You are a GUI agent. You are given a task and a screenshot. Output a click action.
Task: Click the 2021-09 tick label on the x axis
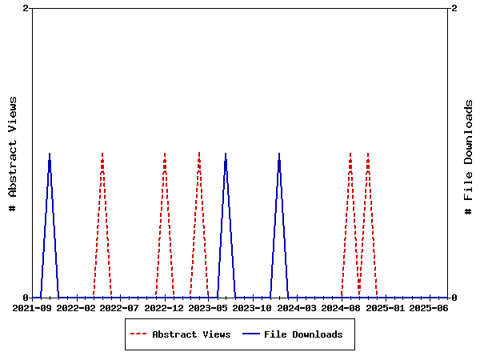point(33,308)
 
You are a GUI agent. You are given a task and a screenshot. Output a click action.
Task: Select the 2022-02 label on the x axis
point(77,308)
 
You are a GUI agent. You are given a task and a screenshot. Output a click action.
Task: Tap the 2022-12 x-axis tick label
point(166,308)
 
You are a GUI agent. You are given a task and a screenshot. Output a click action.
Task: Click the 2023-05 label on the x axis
point(210,308)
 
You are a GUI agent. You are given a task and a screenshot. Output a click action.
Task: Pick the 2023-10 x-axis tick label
point(254,308)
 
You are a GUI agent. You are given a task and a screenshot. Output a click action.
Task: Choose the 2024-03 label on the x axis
point(298,308)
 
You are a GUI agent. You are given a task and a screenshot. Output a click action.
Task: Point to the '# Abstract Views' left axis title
point(13,153)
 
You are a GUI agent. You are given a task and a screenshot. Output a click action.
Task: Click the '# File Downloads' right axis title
point(470,157)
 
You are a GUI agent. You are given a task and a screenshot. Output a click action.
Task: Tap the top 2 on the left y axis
point(26,8)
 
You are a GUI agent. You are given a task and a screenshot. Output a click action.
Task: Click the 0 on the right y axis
point(454,298)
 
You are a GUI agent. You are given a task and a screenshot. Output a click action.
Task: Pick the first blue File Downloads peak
point(50,153)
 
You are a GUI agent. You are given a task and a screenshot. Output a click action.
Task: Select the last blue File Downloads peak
point(279,153)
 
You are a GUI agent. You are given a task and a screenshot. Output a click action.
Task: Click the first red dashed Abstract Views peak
point(102,153)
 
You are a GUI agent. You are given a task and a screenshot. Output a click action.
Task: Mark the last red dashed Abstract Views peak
point(368,153)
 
